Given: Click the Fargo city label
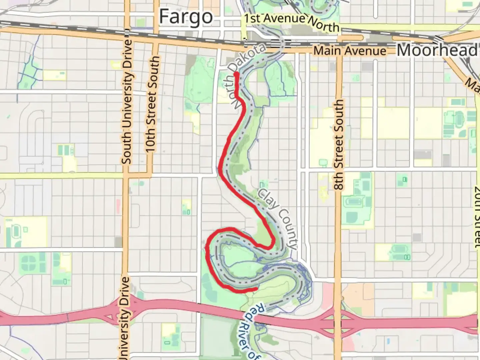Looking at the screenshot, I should [186, 17].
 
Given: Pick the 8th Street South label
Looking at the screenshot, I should [338, 145].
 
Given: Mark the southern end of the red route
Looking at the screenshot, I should [256, 288].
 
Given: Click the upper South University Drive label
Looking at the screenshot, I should [127, 102].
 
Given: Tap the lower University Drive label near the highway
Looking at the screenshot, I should [124, 318].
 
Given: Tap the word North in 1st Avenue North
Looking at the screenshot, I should [323, 25].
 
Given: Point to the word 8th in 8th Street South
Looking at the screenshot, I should [339, 181].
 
